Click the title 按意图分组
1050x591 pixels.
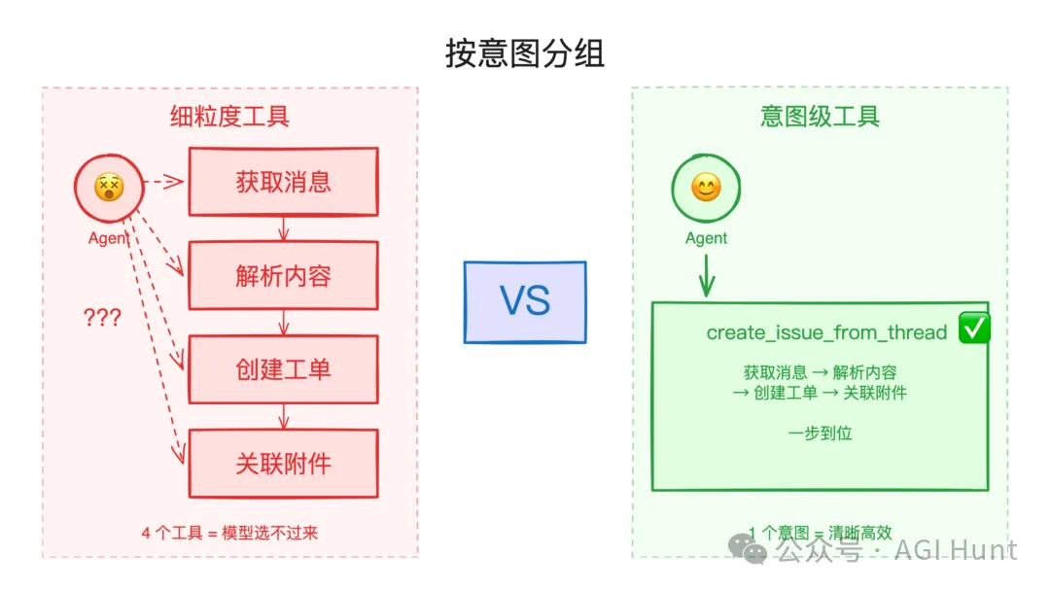pos(525,52)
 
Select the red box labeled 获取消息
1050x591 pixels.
pos(283,182)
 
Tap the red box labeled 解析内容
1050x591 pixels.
pos(283,276)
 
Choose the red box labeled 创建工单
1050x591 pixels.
pos(283,369)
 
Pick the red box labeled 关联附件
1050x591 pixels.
pos(283,464)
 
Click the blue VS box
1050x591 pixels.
pos(525,302)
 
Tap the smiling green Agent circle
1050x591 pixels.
pos(706,188)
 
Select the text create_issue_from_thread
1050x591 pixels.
pos(826,332)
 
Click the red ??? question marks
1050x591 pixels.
pos(102,318)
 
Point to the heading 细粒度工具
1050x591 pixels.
pos(230,117)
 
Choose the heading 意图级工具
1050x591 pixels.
pos(820,117)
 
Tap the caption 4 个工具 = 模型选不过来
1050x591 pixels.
pos(230,533)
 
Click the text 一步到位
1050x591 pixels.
pos(820,433)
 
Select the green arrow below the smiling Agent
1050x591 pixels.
pos(707,276)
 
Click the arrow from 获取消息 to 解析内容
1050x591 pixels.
pos(283,228)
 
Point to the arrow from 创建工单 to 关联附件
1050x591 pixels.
pos(283,416)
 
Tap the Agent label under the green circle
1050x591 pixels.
pos(706,238)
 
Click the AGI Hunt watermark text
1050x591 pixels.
pos(957,550)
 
